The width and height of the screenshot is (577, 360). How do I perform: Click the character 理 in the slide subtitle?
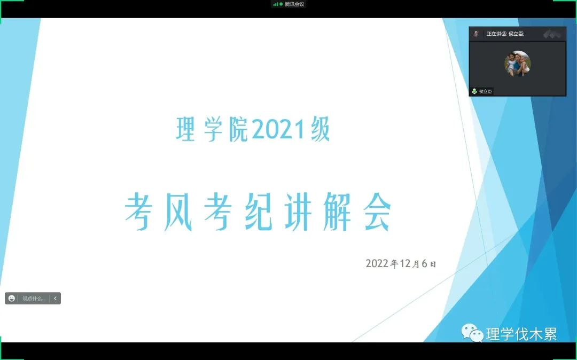pyautogui.click(x=185, y=129)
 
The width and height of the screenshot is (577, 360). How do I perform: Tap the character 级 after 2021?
pyautogui.click(x=321, y=129)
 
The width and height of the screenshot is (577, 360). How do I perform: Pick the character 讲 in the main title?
pyautogui.click(x=298, y=212)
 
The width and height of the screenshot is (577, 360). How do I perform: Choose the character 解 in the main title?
pyautogui.click(x=337, y=212)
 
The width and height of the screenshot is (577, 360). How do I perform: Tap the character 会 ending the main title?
pyautogui.click(x=377, y=212)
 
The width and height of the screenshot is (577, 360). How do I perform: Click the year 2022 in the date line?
pyautogui.click(x=377, y=263)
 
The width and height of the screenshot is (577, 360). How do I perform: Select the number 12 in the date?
pyautogui.click(x=405, y=263)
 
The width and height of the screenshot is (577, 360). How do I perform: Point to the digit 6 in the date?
pyautogui.click(x=424, y=263)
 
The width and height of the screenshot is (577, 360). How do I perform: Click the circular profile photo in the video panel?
pyautogui.click(x=517, y=64)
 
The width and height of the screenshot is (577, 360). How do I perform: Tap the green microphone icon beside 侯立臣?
pyautogui.click(x=474, y=91)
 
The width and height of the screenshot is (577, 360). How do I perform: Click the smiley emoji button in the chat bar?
pyautogui.click(x=12, y=298)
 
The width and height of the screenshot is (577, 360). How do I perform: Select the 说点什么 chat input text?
pyautogui.click(x=34, y=299)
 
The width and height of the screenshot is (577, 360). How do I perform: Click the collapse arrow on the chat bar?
pyautogui.click(x=55, y=298)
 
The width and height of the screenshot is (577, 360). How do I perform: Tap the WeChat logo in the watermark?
pyautogui.click(x=472, y=332)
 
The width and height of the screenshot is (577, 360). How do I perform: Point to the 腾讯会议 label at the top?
pyautogui.click(x=294, y=4)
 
